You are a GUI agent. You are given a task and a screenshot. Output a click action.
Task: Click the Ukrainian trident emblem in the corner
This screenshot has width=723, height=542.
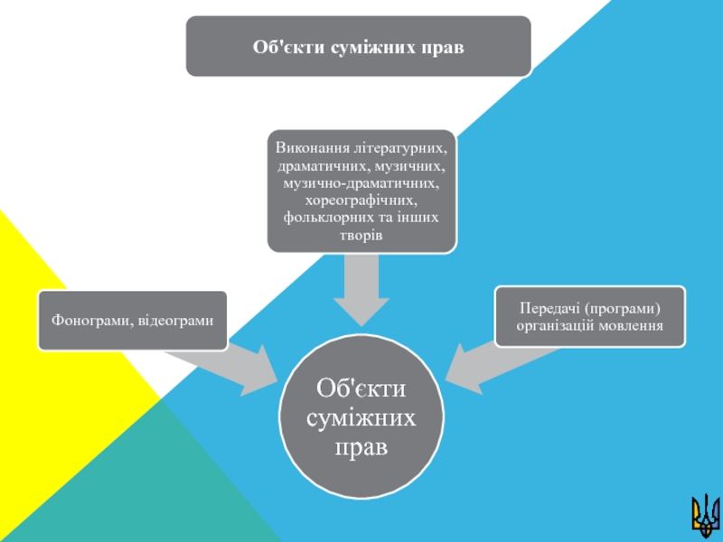(702, 513)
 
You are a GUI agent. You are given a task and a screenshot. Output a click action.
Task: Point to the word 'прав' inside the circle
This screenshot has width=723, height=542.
(361, 446)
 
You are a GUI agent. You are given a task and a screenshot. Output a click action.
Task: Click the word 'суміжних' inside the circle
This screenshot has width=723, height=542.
(361, 417)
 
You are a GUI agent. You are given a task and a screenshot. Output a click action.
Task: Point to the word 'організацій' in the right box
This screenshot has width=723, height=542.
(555, 324)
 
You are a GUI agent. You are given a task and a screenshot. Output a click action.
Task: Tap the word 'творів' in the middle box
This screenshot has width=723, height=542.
(361, 235)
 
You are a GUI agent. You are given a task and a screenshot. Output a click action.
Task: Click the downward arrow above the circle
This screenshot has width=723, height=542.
(361, 289)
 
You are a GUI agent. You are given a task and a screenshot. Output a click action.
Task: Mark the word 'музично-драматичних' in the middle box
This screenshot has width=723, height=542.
(361, 183)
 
